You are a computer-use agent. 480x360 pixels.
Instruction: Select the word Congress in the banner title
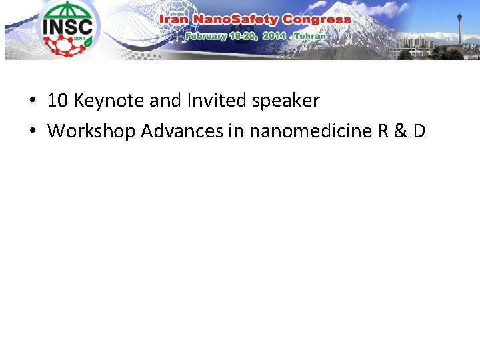coord(316,19)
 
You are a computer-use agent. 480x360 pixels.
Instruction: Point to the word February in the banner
coord(207,35)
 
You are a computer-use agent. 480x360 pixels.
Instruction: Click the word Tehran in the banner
coord(310,35)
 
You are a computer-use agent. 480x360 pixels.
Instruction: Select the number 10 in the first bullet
coord(58,101)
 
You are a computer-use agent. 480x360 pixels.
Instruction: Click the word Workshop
coord(91,131)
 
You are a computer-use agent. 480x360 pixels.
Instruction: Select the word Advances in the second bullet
coord(182,131)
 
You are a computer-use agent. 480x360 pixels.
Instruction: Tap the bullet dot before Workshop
coord(32,131)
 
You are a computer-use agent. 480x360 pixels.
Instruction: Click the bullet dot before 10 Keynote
coord(32,101)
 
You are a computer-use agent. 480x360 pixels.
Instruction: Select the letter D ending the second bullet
coord(419,131)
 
